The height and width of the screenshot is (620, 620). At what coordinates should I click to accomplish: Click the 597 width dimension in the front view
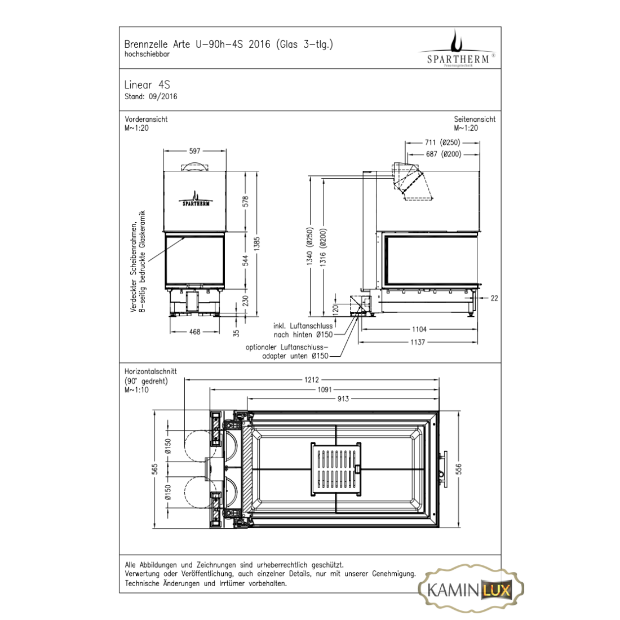[194, 151]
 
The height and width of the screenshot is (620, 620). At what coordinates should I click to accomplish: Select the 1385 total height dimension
[257, 243]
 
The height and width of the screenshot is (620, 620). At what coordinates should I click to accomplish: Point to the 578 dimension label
[246, 201]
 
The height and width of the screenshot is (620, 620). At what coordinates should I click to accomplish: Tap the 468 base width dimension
[194, 332]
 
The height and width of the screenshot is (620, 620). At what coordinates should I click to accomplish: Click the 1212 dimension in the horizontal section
[312, 380]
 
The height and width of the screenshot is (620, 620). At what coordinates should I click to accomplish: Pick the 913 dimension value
[343, 399]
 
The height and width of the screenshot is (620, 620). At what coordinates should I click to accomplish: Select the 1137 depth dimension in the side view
[418, 343]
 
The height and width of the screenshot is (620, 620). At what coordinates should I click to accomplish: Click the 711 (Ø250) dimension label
[442, 143]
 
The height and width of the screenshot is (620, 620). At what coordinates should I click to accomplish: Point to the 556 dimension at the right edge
[458, 469]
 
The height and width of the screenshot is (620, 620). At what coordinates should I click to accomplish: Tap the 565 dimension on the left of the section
[154, 469]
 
